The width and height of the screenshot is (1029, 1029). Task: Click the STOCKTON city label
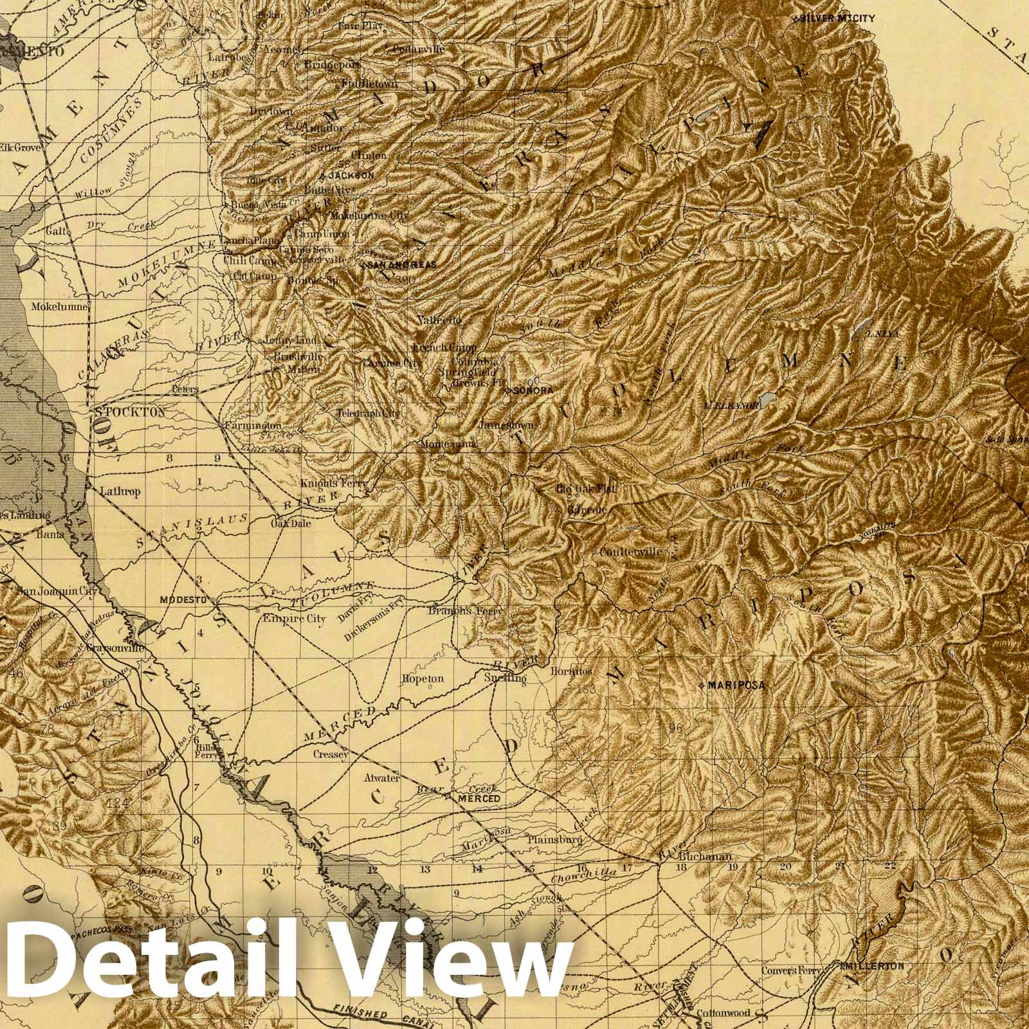pyautogui.click(x=130, y=412)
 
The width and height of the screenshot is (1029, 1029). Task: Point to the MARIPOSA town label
pyautogui.click(x=736, y=686)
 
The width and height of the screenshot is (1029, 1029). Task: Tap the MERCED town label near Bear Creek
pyautogui.click(x=478, y=798)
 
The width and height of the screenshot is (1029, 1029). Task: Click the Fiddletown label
pyautogui.click(x=370, y=84)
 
